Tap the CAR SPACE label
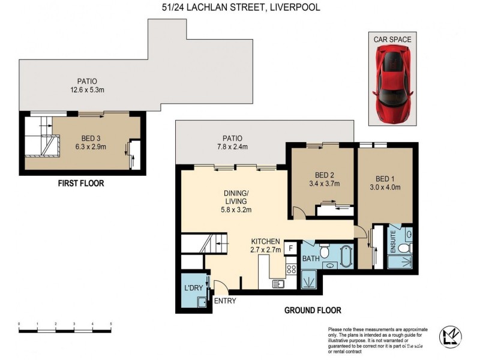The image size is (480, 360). (392, 39)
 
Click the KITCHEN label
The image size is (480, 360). (265, 241)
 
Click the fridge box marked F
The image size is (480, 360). (290, 248)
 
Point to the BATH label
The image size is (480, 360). (311, 259)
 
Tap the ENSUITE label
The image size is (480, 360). (393, 242)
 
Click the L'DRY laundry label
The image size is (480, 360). (193, 288)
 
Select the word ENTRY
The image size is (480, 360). (225, 301)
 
